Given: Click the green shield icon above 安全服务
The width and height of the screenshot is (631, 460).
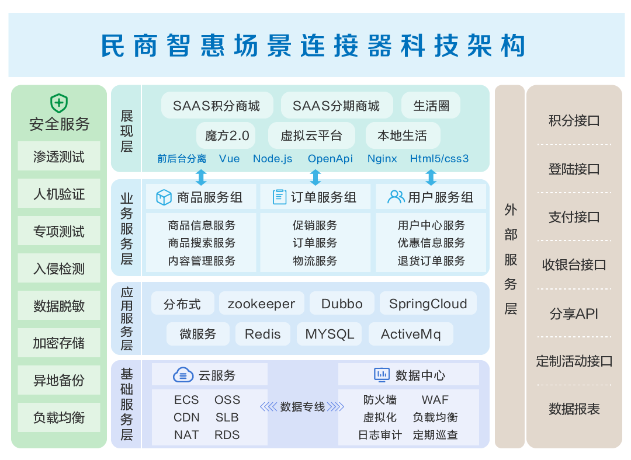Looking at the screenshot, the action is coord(59,103).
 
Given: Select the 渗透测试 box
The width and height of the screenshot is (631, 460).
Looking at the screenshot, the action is coord(59,156).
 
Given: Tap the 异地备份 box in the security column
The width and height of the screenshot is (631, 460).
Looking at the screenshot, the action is coord(59,380).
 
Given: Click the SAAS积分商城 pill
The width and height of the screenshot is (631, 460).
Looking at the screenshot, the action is coord(217,106).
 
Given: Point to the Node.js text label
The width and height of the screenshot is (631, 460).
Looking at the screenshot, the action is coord(272,159).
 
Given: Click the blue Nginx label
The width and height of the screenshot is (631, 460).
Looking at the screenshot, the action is coord(382,159).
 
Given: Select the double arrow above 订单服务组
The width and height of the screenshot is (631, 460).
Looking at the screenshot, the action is coord(315,177).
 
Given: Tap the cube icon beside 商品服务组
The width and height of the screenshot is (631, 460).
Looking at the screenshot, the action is coord(164,197).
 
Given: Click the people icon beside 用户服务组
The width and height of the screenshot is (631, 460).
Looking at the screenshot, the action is coord(396,197).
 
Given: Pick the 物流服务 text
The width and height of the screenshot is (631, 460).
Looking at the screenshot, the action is coord(315,260).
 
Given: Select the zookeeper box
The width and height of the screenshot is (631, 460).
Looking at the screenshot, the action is coord(262,304).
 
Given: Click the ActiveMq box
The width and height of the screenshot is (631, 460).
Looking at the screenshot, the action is coord(411,334).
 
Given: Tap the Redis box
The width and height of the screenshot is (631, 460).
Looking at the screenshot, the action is coord(263,334).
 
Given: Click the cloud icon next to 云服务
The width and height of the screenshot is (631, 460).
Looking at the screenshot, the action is coord(183,375).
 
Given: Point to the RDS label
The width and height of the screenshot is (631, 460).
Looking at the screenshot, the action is coord(227,435).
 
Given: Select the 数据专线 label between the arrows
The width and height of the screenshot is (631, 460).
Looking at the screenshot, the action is coord(303,407).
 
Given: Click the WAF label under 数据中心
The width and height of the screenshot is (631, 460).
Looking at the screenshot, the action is coord(435,400).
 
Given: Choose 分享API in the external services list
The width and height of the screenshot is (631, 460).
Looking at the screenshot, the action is coord(574,313).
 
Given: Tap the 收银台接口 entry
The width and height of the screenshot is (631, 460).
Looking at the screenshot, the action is coord(574,265).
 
